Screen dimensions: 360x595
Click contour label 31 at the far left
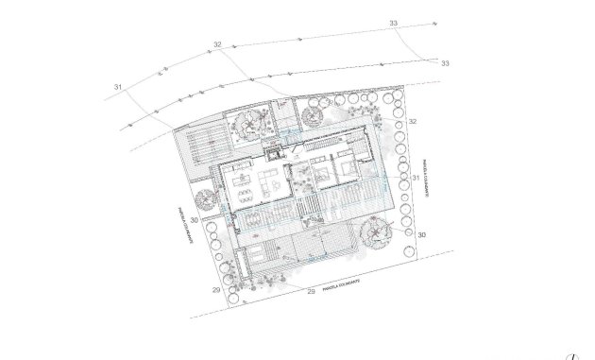[119, 88]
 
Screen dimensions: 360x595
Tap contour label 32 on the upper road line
[217, 44]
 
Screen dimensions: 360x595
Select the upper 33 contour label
[392, 22]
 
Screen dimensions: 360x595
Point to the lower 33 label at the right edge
[445, 63]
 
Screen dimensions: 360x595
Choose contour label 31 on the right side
[416, 178]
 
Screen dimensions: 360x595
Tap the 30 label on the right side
[421, 233]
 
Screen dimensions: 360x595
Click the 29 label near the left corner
[216, 291]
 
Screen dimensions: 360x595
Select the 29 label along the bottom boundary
[312, 293]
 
